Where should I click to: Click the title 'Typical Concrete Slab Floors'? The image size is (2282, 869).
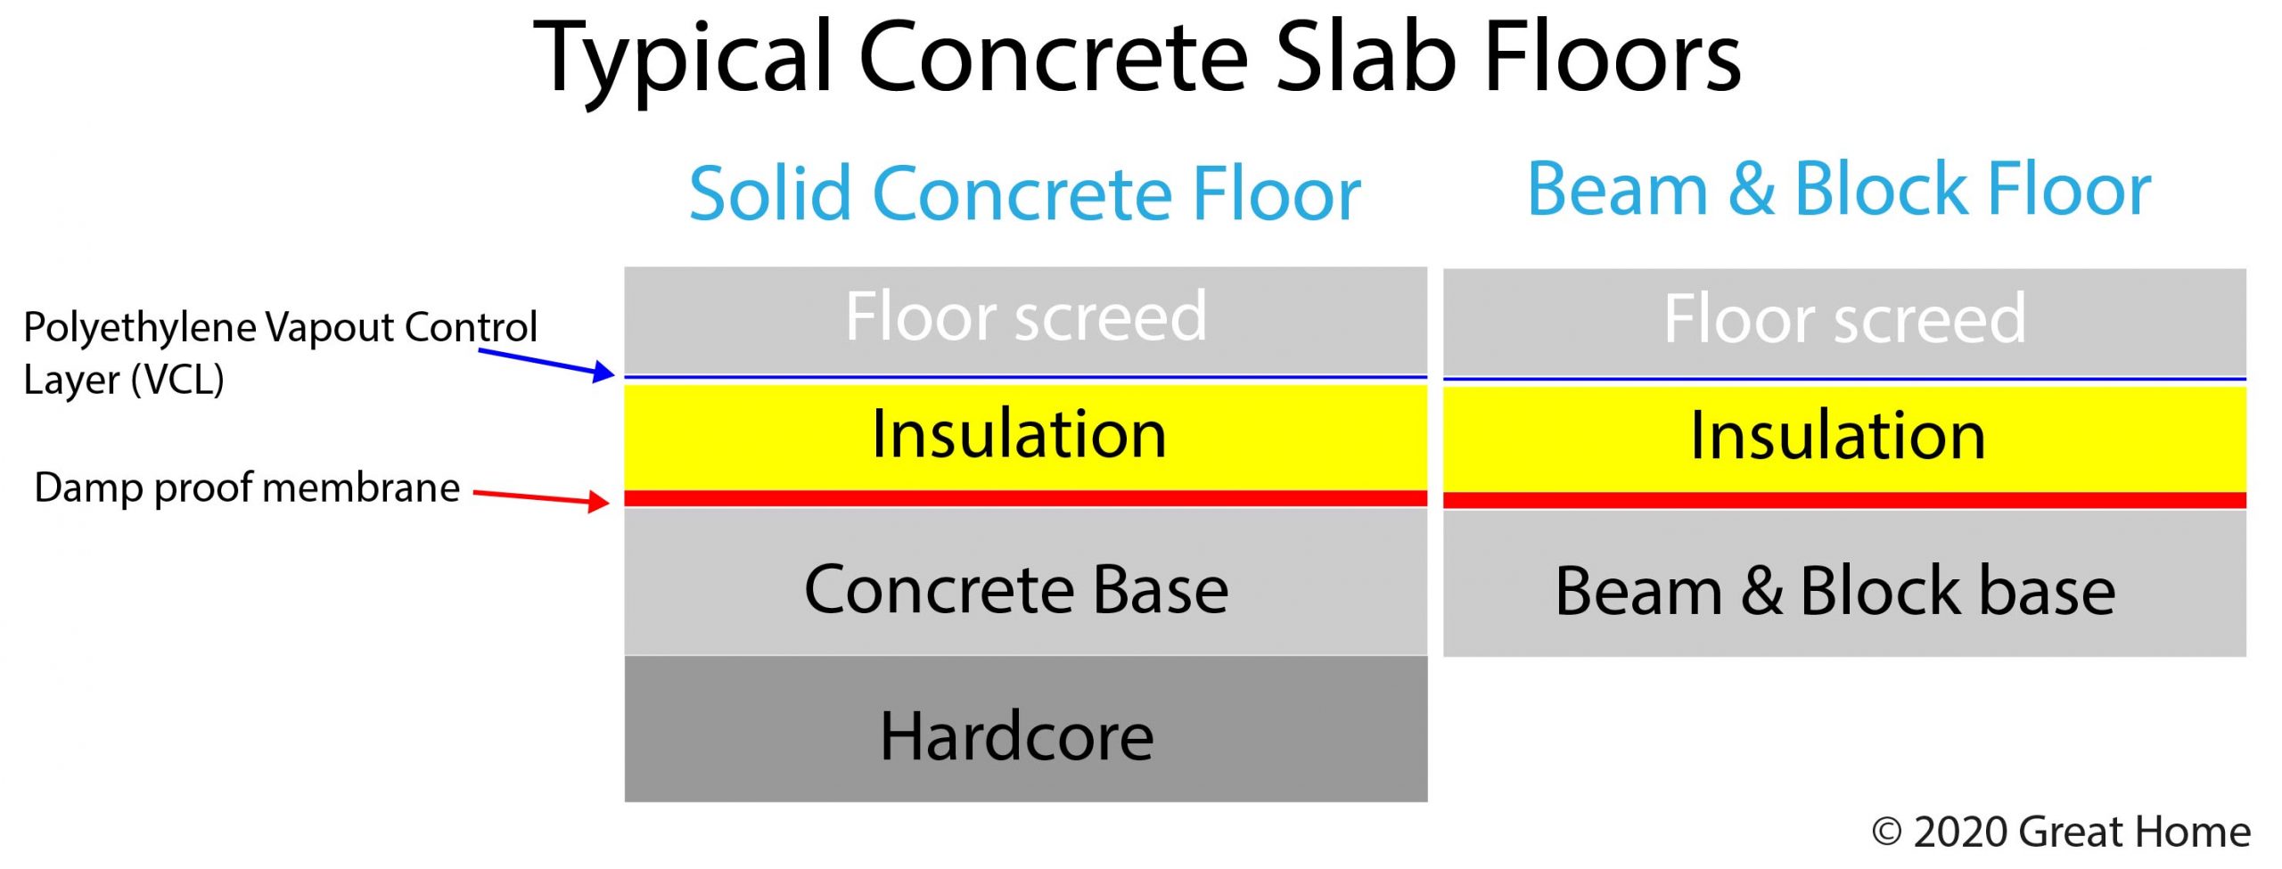click(x=1137, y=58)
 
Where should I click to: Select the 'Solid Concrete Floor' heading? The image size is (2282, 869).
click(x=1025, y=193)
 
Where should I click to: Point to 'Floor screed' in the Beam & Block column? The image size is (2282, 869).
click(x=1845, y=318)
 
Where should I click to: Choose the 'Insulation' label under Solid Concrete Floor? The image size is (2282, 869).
click(x=1019, y=433)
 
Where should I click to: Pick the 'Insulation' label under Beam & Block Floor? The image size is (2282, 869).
click(x=1838, y=435)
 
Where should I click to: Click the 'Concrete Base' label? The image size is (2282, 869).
click(x=1016, y=589)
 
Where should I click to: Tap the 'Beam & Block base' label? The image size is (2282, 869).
click(x=1835, y=591)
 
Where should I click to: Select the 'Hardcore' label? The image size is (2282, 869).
click(x=1017, y=736)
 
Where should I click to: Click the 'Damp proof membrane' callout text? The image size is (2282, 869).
click(x=247, y=488)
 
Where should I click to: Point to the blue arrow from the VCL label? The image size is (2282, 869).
click(x=546, y=364)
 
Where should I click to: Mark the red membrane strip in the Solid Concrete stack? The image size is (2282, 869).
click(x=1026, y=498)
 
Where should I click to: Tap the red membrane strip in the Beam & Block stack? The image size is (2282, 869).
click(x=1845, y=500)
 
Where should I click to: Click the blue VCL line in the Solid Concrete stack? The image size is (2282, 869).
click(x=1026, y=377)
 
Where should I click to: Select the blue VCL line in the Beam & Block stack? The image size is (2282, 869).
click(x=1845, y=380)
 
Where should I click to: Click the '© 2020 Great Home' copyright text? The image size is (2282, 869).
click(x=2061, y=832)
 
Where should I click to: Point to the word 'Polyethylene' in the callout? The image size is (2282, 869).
click(x=133, y=329)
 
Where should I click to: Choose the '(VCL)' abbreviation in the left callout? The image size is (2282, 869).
click(x=177, y=381)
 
